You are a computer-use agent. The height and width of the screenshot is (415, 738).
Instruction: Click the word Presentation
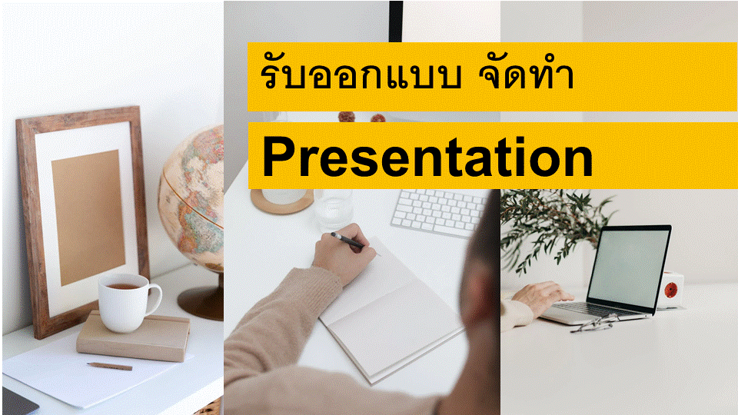click(x=427, y=156)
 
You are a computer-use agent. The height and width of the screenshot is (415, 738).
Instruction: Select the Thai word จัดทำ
click(x=526, y=74)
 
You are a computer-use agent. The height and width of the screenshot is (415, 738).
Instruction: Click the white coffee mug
click(x=129, y=303)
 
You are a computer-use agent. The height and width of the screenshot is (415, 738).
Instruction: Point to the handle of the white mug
click(x=155, y=299)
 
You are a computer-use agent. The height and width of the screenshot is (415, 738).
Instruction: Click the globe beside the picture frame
click(x=191, y=198)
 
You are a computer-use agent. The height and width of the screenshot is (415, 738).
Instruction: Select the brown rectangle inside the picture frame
click(x=88, y=217)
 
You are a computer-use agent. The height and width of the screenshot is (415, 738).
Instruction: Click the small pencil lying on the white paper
click(x=110, y=366)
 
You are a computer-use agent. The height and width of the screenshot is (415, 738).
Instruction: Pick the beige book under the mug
click(x=134, y=337)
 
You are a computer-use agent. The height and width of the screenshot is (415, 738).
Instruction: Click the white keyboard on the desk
click(x=439, y=213)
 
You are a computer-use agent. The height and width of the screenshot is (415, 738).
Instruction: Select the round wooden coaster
click(x=282, y=201)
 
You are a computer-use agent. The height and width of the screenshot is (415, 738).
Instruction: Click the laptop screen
click(x=629, y=265)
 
